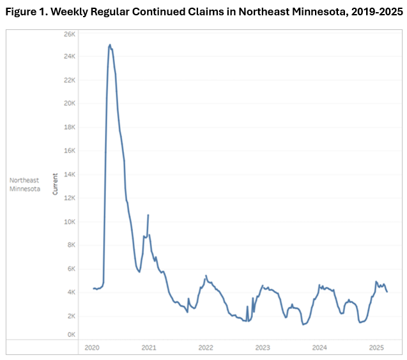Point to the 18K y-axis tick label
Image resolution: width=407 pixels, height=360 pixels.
click(x=70, y=127)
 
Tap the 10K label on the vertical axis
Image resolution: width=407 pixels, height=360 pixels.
click(x=70, y=221)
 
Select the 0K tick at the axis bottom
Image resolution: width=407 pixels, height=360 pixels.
click(x=72, y=334)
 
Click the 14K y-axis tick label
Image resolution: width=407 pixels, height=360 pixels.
click(x=70, y=174)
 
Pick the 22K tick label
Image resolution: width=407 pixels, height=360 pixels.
click(x=70, y=80)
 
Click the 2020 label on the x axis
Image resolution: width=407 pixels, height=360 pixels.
click(x=92, y=347)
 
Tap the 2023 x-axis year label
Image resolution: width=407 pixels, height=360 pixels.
click(x=263, y=347)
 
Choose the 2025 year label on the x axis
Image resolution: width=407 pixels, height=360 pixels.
click(x=376, y=347)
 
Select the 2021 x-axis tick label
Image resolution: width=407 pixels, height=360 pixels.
click(x=149, y=347)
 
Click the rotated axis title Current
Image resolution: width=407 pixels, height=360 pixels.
click(x=55, y=184)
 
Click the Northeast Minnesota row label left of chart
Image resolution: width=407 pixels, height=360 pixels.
click(x=24, y=184)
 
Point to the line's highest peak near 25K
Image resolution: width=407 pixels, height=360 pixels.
click(x=110, y=45)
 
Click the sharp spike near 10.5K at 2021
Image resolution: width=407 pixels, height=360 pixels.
click(x=148, y=215)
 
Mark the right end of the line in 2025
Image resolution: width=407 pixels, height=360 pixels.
click(x=387, y=292)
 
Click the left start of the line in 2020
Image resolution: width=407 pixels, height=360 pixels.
click(x=93, y=289)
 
